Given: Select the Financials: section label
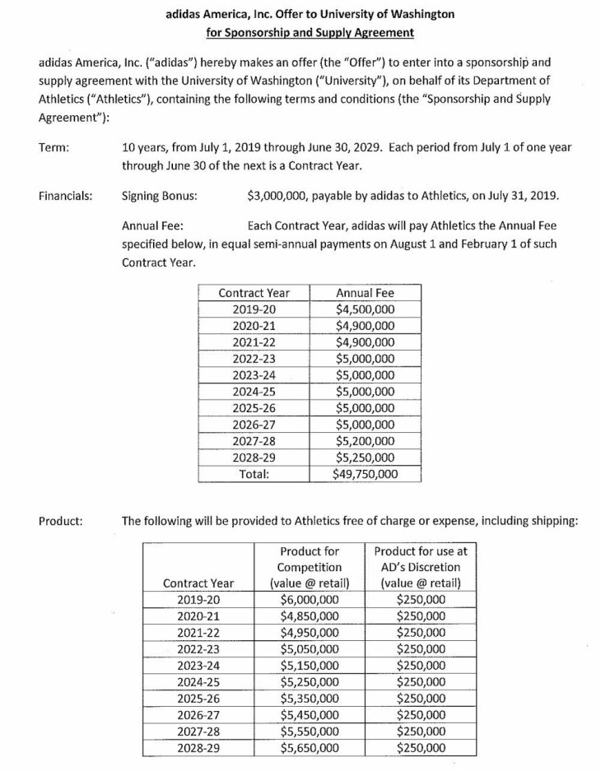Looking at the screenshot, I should pyautogui.click(x=65, y=197).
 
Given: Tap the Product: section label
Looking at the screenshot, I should pyautogui.click(x=60, y=520).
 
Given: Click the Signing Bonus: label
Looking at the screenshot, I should pyautogui.click(x=159, y=197).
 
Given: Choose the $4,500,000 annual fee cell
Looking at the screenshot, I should pyautogui.click(x=365, y=309).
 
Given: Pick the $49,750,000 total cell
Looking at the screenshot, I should pyautogui.click(x=365, y=474).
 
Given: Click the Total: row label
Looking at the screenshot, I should pyautogui.click(x=254, y=474).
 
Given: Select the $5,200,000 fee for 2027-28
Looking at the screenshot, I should pyautogui.click(x=365, y=441).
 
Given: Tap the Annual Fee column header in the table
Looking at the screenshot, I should pyautogui.click(x=365, y=293).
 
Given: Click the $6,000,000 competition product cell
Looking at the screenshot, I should pyautogui.click(x=310, y=600).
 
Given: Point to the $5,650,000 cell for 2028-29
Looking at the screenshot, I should pyautogui.click(x=310, y=748).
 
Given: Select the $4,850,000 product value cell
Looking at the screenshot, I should pyautogui.click(x=310, y=616).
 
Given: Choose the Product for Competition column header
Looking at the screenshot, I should pyautogui.click(x=310, y=567).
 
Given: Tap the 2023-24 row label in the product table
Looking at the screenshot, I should pyautogui.click(x=199, y=666).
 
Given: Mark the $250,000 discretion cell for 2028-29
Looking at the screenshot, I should pyautogui.click(x=421, y=748).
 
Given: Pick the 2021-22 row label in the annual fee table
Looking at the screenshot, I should pyautogui.click(x=254, y=342).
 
